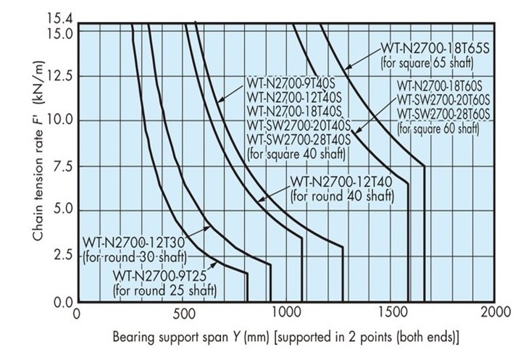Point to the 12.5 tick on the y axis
coord(62,75)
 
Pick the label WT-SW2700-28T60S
coord(444,117)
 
